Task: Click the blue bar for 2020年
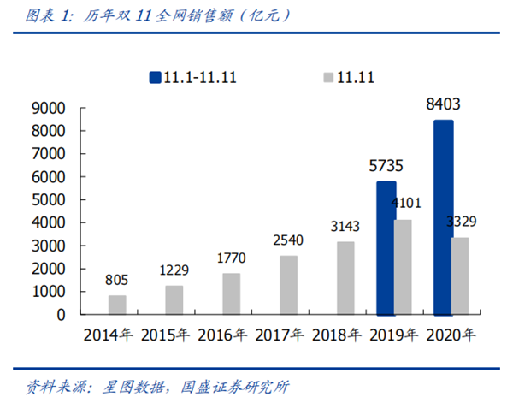coord(443,217)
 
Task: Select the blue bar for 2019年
coord(386,248)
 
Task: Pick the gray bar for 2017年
coord(289,285)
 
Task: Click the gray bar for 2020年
coord(460,276)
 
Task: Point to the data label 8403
coord(444,106)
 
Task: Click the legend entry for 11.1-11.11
coord(193,77)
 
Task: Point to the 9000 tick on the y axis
coord(49,109)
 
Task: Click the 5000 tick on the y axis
coord(49,200)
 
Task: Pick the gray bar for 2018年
coord(346,278)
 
